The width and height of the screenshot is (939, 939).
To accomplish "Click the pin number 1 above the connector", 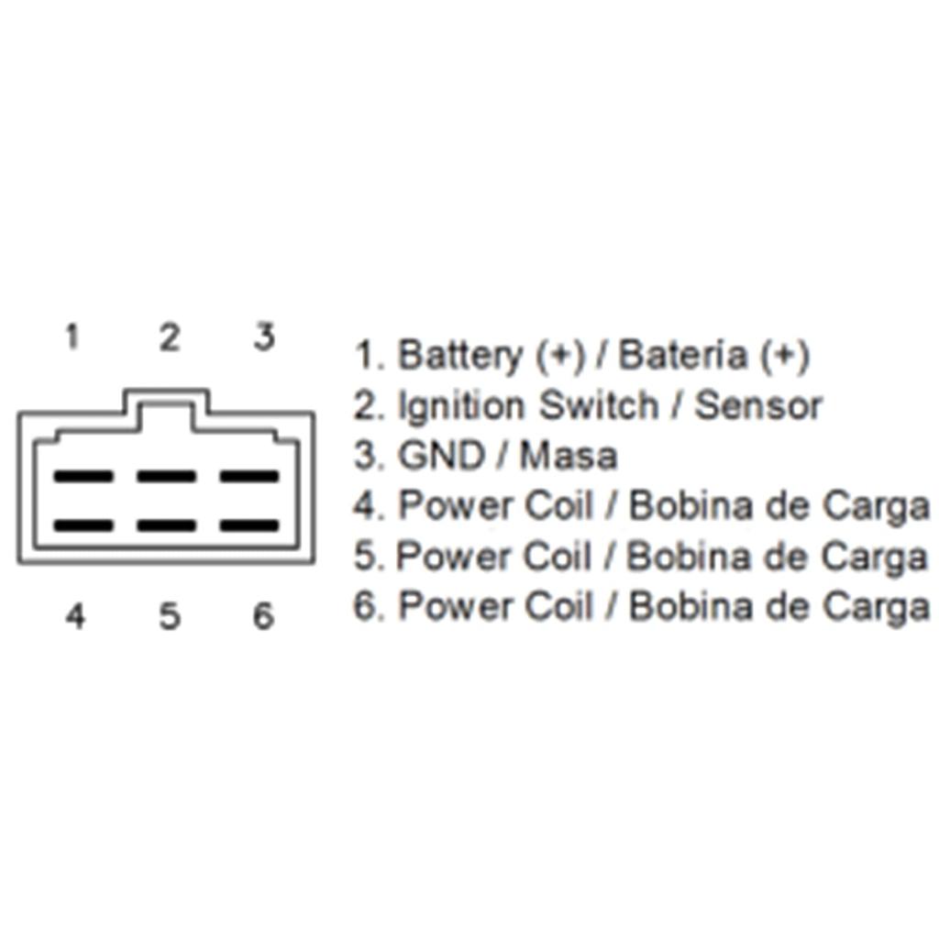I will (72, 337).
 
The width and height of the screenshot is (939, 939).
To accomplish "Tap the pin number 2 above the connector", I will (168, 337).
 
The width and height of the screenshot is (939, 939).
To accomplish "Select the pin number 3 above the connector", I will (264, 337).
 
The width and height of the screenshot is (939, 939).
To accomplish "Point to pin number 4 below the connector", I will (75, 616).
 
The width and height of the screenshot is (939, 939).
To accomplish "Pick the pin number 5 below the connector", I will (169, 616).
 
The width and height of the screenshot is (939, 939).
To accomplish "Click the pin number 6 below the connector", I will (263, 616).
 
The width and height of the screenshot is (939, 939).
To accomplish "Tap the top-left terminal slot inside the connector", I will (83, 477).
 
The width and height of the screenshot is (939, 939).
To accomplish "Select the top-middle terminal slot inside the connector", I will (166, 477).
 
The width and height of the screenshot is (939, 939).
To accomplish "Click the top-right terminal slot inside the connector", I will (249, 477).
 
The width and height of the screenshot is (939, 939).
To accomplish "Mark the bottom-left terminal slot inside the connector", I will (83, 526).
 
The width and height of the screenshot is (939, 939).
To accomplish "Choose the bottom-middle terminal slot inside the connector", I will (166, 526).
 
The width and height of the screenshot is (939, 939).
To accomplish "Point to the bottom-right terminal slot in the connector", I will (249, 526).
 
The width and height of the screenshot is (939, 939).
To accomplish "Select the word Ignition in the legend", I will (463, 406).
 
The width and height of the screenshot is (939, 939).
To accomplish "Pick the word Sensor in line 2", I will (757, 405).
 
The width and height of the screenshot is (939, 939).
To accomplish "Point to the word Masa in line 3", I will (569, 456).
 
